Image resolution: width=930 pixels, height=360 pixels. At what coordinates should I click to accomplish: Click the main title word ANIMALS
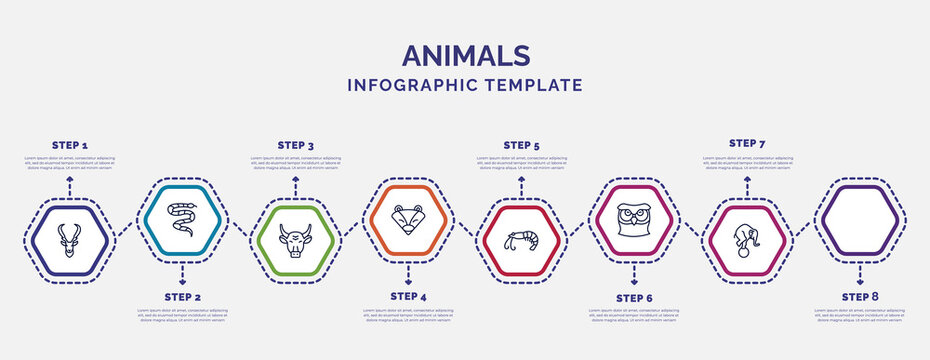coord(465,54)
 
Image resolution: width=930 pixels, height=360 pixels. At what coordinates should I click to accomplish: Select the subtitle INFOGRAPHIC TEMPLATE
coord(465,85)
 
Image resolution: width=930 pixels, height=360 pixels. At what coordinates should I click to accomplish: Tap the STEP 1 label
coord(69,145)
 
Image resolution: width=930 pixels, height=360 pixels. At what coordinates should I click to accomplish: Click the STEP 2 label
coord(182,297)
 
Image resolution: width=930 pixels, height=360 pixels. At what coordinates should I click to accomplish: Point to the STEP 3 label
coord(295,145)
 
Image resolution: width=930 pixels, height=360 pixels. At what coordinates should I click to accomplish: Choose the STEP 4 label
coord(408,297)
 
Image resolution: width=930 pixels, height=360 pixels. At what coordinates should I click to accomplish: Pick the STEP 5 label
coord(521,145)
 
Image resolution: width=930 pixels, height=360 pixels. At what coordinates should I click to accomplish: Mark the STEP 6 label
coord(634,297)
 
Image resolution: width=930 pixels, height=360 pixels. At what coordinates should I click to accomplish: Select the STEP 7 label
coord(747,143)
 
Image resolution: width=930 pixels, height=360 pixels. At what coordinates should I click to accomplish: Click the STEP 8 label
coord(860,297)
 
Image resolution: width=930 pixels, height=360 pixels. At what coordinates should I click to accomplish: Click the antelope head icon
coord(69,240)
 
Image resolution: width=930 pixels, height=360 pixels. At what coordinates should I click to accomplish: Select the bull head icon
coord(295,241)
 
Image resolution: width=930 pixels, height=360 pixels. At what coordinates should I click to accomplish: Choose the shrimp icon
coord(521,240)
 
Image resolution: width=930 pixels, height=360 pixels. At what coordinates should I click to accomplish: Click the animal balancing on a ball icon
coord(747,241)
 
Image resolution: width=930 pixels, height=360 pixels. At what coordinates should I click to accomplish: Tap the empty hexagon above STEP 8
coord(860,218)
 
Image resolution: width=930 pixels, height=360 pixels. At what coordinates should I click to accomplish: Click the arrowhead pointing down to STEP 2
coord(182,269)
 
